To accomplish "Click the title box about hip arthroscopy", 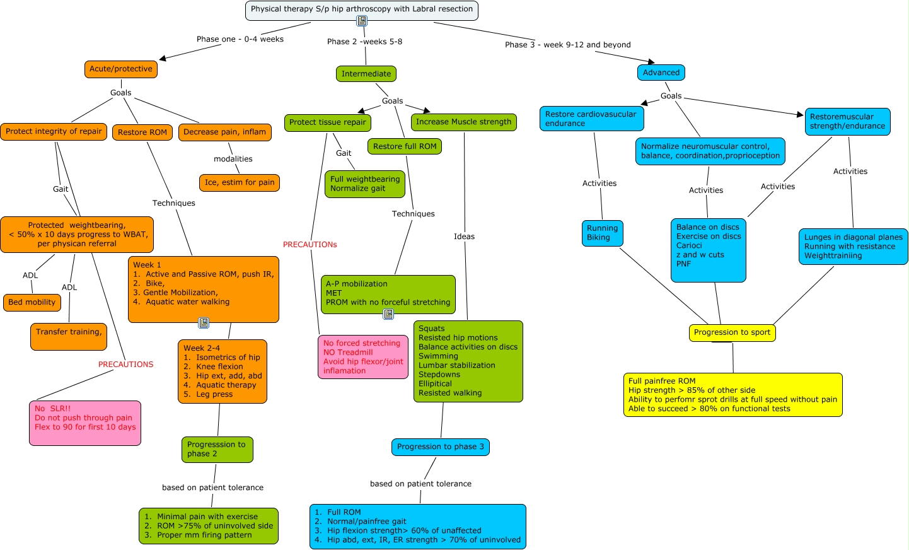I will tap(361, 9).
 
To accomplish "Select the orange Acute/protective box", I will tap(120, 69).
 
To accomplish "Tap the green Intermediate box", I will tap(366, 74).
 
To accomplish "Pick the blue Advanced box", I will tap(661, 73).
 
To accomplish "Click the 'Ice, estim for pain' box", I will tap(239, 183).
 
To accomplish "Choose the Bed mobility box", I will tap(32, 303).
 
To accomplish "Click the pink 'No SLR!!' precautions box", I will tap(85, 423).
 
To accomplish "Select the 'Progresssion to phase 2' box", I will tap(217, 449).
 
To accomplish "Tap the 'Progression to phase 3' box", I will tap(440, 447).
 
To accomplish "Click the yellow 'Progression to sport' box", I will tap(732, 332).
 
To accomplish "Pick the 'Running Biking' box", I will tap(602, 233).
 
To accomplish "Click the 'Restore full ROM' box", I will tap(404, 146).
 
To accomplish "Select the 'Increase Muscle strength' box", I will tap(463, 122).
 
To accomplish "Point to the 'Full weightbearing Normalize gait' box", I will tap(364, 184).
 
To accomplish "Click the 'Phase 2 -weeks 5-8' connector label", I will tap(364, 42).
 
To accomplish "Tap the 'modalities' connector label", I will tap(233, 159).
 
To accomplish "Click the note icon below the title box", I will tap(361, 21).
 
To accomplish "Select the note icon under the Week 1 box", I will tap(204, 323).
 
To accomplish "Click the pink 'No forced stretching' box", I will tap(362, 357).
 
